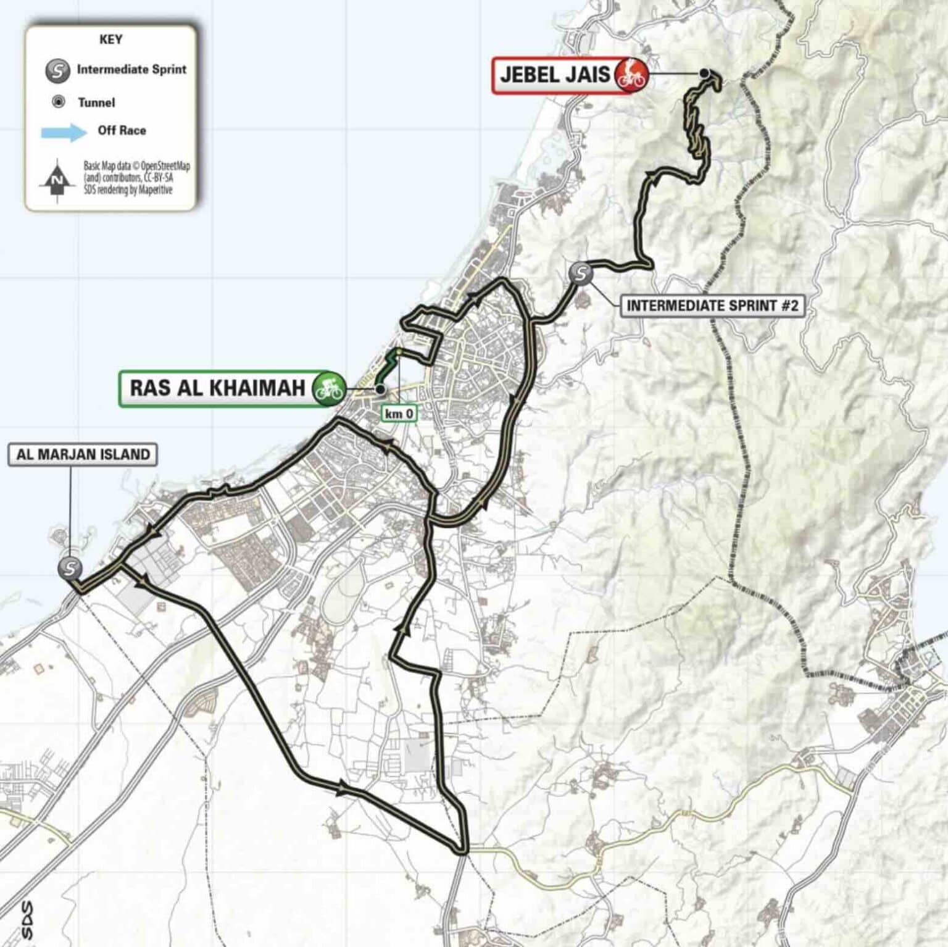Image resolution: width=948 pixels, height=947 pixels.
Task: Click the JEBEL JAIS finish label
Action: [554, 75]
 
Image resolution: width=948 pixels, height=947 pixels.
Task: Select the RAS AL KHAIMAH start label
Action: [217, 388]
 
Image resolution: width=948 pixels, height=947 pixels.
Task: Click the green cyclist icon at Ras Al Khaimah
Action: [328, 388]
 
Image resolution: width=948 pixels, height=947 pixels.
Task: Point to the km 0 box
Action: [399, 413]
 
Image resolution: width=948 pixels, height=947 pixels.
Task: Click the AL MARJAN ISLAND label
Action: [83, 454]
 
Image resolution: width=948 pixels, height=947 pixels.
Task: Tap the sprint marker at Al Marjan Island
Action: [70, 567]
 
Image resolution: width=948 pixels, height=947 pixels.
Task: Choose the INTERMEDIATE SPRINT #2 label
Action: [712, 306]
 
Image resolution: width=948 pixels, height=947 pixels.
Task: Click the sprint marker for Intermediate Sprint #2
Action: [581, 273]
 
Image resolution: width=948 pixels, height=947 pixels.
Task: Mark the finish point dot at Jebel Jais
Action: [704, 73]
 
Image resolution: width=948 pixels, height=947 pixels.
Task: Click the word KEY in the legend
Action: [110, 40]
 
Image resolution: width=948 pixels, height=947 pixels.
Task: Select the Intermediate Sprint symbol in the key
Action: [57, 70]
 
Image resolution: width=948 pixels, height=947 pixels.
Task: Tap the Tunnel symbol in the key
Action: [59, 102]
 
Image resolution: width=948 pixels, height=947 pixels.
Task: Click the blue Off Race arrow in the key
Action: [63, 131]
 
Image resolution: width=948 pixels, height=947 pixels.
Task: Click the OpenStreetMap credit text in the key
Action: [136, 178]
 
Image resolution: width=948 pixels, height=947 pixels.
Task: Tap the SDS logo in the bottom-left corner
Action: [26, 919]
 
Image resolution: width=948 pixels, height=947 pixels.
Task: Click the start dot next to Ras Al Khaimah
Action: [380, 389]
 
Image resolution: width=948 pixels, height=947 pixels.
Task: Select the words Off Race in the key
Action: [122, 130]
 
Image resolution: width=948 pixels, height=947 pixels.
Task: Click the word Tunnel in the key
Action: [96, 102]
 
